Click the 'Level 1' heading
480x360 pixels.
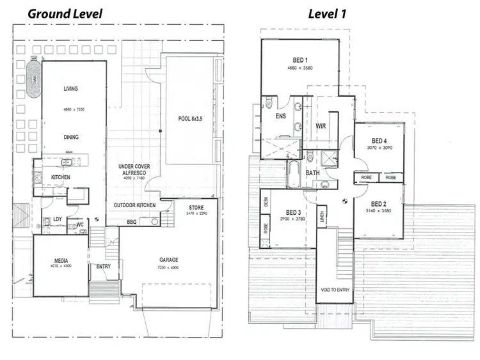point(328,13)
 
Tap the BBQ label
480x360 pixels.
point(132,222)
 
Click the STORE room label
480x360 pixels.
point(196,208)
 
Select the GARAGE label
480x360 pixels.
point(169,260)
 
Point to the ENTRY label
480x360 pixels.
point(103,267)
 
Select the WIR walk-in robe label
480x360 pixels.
point(321,127)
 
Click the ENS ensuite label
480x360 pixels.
point(280,117)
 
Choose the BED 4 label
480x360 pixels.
point(379,141)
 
